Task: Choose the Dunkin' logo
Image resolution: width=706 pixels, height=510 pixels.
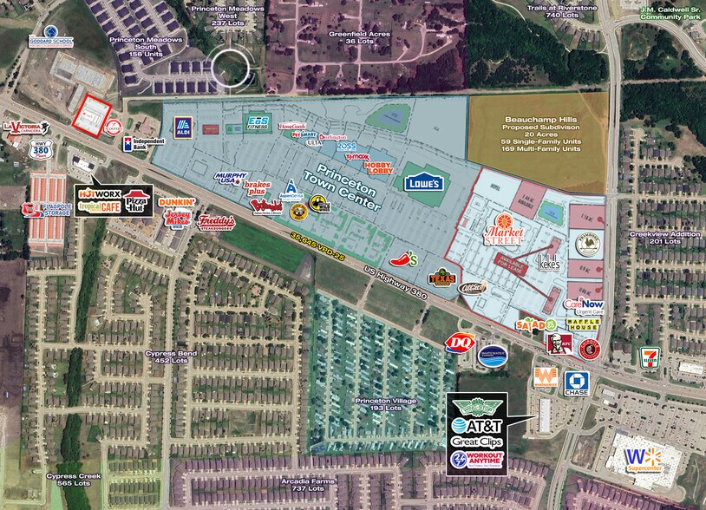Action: [176, 202]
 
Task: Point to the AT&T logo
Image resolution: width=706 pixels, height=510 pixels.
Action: [481, 425]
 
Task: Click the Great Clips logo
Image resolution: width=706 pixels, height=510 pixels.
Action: [481, 442]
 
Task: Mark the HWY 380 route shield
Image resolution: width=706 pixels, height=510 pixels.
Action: [36, 150]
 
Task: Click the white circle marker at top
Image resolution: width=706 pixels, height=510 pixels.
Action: [232, 68]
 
